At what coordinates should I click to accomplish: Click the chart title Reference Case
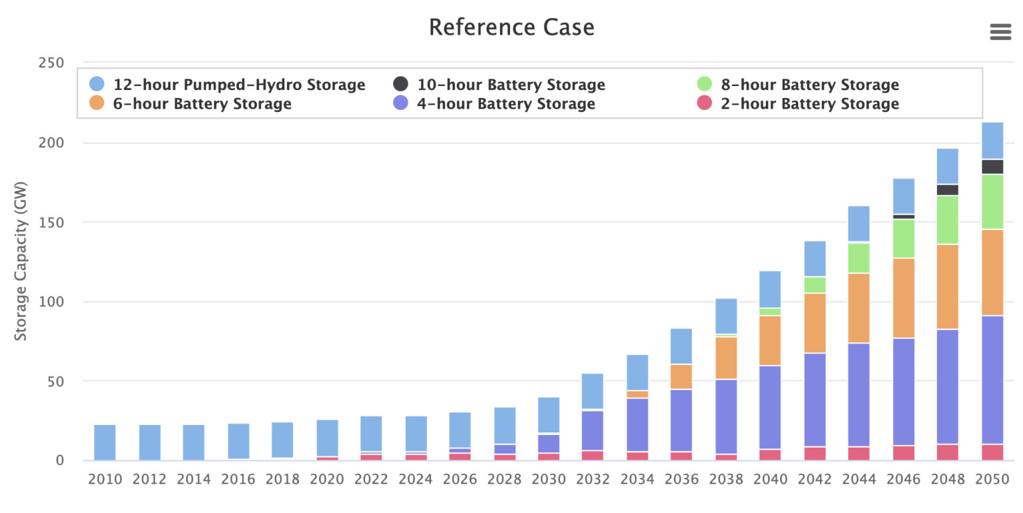pyautogui.click(x=511, y=27)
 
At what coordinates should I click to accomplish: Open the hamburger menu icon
pyautogui.click(x=1000, y=31)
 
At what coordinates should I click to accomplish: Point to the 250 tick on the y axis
pyautogui.click(x=51, y=63)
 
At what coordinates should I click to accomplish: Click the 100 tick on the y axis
pyautogui.click(x=51, y=302)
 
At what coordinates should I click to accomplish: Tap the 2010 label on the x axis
pyautogui.click(x=105, y=479)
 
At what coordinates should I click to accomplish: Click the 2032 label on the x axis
pyautogui.click(x=592, y=479)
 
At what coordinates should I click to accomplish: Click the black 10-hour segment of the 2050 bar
pyautogui.click(x=992, y=167)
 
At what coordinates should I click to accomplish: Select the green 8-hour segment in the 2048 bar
pyautogui.click(x=948, y=220)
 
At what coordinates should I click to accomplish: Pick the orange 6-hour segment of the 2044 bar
pyautogui.click(x=858, y=308)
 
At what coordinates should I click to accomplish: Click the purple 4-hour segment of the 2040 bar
pyautogui.click(x=770, y=407)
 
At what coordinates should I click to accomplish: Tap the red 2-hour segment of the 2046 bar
pyautogui.click(x=903, y=453)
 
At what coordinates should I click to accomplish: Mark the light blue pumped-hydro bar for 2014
pyautogui.click(x=194, y=442)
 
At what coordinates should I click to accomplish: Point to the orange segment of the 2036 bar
pyautogui.click(x=681, y=377)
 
